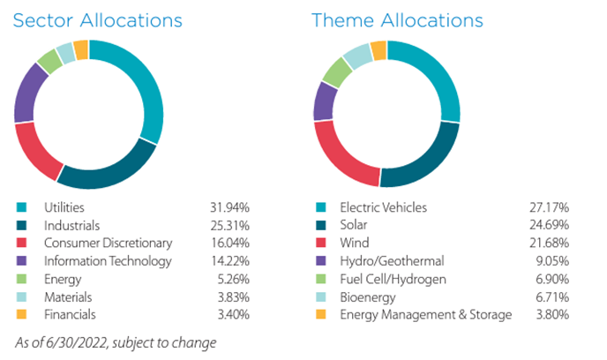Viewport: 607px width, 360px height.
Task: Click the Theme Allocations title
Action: point(397,19)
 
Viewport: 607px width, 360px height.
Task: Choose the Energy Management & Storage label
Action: point(425,314)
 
